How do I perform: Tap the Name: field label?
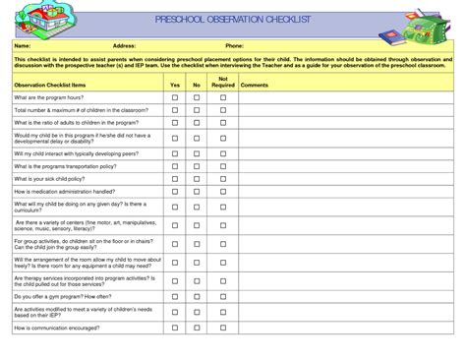(23, 45)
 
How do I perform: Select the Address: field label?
(124, 45)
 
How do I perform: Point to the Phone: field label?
(235, 45)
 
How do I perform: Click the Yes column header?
(175, 86)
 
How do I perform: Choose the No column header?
(197, 86)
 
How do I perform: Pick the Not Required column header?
(223, 82)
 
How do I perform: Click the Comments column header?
(255, 86)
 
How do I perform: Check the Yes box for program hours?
(175, 98)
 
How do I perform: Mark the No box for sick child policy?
(197, 179)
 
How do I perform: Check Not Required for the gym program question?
(223, 296)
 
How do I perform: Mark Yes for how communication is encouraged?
(175, 327)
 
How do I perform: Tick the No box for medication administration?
(197, 192)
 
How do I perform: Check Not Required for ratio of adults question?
(223, 123)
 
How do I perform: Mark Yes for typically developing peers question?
(175, 154)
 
